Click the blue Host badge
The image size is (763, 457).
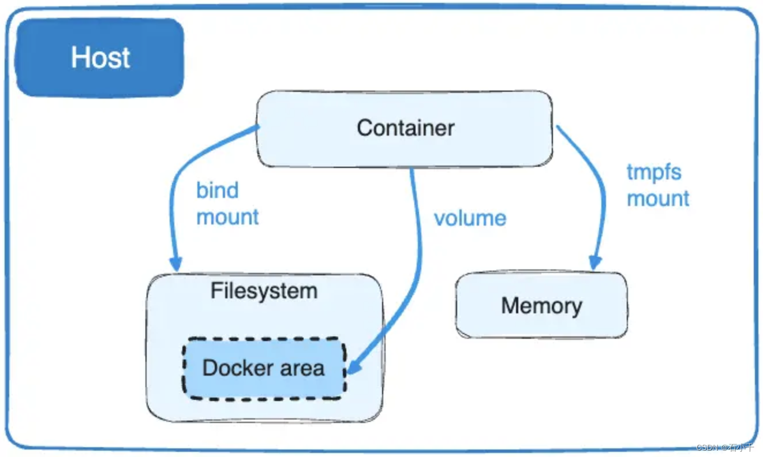100,58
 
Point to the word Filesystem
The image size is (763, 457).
264,291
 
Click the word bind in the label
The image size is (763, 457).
217,190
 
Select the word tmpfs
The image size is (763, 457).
653,172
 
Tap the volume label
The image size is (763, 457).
470,218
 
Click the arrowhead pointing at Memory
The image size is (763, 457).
595,263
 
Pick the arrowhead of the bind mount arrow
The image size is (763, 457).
175,264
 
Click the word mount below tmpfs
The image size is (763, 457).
658,198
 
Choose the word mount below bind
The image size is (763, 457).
227,218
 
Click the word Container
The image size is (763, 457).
405,128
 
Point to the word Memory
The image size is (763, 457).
541,306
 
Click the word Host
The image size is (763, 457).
100,58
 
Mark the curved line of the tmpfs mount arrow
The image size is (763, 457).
600,190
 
